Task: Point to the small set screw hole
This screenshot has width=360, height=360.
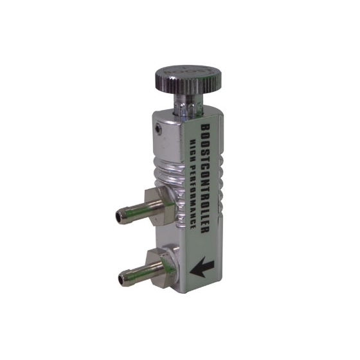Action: (x=158, y=129)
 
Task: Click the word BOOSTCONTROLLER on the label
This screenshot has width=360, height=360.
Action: (x=205, y=179)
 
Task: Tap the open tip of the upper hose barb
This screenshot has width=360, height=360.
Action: (x=119, y=217)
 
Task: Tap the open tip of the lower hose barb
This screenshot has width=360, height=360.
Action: (x=122, y=279)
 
